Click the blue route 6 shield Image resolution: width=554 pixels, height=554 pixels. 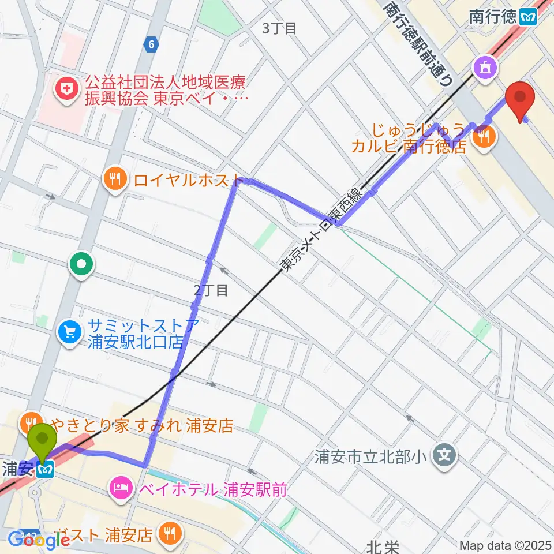(x=151, y=45)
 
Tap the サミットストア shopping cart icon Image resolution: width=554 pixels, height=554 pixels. (x=70, y=332)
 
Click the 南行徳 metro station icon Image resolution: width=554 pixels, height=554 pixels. (x=527, y=16)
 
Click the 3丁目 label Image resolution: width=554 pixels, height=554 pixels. (x=280, y=28)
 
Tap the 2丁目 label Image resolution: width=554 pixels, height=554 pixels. (x=211, y=290)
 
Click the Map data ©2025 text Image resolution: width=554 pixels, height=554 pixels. (x=505, y=545)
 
